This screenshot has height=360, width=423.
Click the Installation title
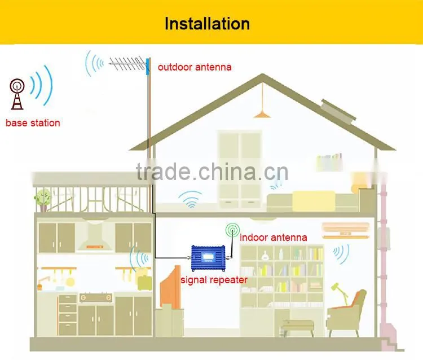(207, 24)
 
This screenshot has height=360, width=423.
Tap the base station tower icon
(17, 94)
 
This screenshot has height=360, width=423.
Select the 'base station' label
(33, 123)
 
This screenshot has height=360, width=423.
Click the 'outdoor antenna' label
(195, 67)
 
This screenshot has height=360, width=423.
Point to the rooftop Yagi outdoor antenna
(130, 65)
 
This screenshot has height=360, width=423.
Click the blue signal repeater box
(208, 258)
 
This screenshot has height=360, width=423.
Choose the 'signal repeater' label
(214, 280)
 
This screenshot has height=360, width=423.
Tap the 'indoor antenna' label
(274, 238)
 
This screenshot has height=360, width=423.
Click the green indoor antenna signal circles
(232, 230)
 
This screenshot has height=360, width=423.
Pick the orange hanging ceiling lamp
(262, 114)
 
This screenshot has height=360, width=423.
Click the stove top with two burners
(96, 297)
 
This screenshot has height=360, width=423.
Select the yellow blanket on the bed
(314, 201)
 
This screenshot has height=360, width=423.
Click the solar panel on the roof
(338, 111)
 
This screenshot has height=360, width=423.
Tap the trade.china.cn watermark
(212, 172)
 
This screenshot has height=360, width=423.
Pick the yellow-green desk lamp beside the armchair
(341, 294)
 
